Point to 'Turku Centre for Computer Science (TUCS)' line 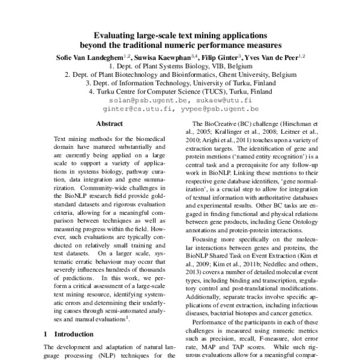[x=180, y=92]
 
